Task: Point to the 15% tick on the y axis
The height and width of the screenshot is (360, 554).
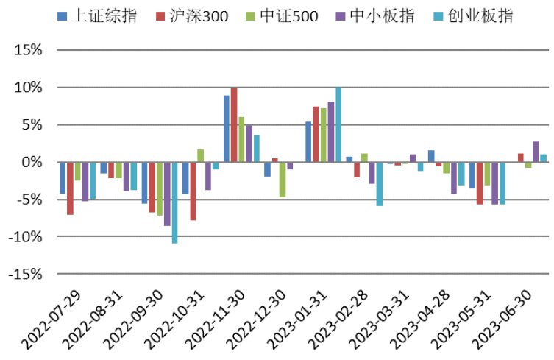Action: click(28, 50)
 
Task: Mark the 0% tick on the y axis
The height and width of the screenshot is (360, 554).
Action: click(32, 162)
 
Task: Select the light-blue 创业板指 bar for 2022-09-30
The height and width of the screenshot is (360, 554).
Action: click(174, 202)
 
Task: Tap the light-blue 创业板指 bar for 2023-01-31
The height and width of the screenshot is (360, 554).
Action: click(338, 125)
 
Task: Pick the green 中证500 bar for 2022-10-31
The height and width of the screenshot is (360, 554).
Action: click(200, 156)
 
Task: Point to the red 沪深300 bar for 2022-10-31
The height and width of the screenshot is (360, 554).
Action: click(193, 191)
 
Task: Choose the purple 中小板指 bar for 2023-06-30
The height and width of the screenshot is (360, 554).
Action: click(536, 152)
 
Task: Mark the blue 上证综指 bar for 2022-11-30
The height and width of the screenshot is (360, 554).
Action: click(227, 129)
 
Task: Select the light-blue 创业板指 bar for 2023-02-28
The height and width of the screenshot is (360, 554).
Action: click(380, 184)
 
